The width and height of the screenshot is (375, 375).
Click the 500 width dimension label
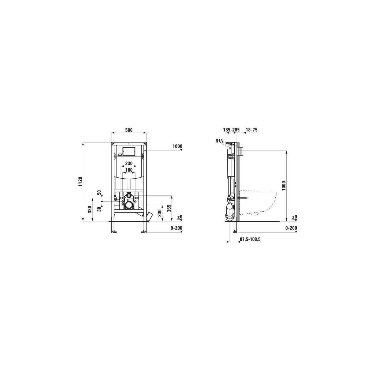[129, 130]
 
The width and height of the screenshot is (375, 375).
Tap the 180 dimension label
[129, 170]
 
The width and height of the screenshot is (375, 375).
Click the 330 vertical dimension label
[89, 209]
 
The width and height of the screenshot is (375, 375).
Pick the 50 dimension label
[99, 193]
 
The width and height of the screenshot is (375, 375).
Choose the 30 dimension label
[99, 209]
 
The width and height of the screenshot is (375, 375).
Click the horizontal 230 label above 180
[129, 163]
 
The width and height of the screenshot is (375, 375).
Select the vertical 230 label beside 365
[159, 213]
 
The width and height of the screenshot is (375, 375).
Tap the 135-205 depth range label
[231, 130]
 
